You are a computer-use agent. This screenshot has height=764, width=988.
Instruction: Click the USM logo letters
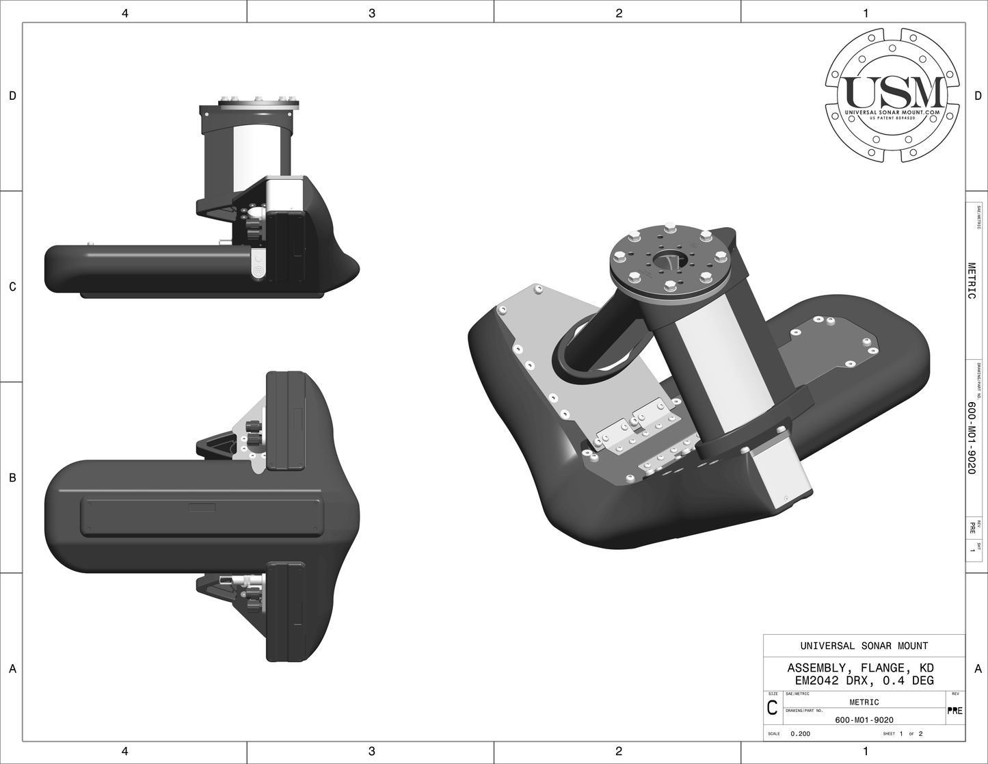pos(896,92)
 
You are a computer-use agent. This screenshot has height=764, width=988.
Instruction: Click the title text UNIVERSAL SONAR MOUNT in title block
pos(864,646)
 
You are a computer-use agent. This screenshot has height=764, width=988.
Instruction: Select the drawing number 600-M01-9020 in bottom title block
pos(864,720)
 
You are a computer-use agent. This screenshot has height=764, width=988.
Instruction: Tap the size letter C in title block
pos(772,709)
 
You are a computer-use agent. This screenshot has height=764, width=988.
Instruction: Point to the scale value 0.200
pos(801,734)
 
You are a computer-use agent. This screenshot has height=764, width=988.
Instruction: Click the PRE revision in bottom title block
pos(955,711)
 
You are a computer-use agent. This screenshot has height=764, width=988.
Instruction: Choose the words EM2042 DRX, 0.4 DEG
pos(864,681)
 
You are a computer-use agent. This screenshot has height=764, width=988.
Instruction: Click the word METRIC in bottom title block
pos(864,702)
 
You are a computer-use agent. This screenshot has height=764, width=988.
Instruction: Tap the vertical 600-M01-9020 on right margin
pos(972,438)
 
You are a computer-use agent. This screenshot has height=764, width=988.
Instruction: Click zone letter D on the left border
pos(12,96)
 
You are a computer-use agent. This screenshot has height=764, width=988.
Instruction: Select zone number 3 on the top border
pos(371,12)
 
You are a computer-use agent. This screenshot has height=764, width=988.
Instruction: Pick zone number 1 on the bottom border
pos(866,752)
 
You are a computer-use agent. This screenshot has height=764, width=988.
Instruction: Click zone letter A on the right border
pos(978,669)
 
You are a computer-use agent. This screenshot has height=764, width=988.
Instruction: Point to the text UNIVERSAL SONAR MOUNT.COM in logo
pos(896,111)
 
